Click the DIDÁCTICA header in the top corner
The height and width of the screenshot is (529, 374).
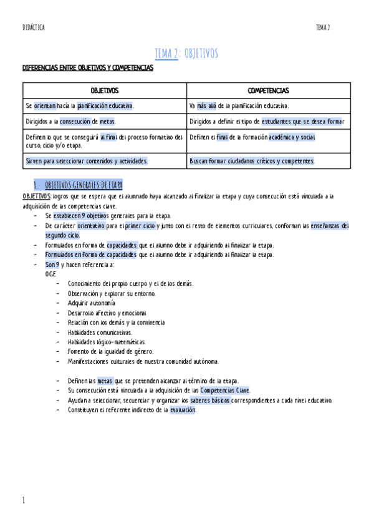(x=33, y=27)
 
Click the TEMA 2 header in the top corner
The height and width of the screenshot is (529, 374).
(x=323, y=27)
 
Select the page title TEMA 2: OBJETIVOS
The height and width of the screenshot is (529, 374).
(x=186, y=54)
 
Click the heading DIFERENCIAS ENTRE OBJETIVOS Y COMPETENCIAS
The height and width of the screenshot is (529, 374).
(x=87, y=67)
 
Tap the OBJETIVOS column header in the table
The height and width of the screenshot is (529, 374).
(x=104, y=90)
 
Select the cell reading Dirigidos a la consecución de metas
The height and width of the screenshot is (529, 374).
(x=71, y=122)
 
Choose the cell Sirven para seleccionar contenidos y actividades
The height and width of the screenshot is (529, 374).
(x=87, y=161)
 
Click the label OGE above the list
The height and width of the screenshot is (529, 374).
(x=51, y=274)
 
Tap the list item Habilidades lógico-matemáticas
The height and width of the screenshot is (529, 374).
(x=107, y=342)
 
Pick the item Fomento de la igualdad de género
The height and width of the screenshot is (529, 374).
(x=110, y=351)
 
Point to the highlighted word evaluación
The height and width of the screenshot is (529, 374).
(x=183, y=410)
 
